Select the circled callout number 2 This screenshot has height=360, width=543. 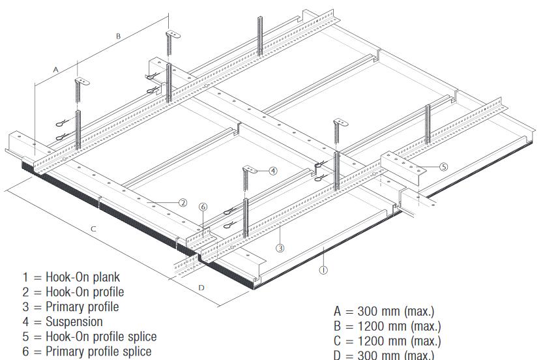point(183,203)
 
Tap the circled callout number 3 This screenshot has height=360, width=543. point(280,248)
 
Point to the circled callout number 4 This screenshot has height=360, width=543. point(273,171)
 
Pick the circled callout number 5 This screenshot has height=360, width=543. point(444,167)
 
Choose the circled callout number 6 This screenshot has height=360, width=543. point(203,207)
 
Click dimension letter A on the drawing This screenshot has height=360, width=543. point(56,68)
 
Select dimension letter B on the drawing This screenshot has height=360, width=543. point(118,37)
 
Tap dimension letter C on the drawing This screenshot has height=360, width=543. point(93,229)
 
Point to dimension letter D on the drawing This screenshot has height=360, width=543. point(201,287)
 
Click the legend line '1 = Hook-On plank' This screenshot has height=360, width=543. point(71,277)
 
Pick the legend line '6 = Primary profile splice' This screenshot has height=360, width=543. point(87,352)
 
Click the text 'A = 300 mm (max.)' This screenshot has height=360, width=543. point(383,311)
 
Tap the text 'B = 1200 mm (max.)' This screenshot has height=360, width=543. point(387,325)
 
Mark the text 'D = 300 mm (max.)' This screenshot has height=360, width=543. point(383,354)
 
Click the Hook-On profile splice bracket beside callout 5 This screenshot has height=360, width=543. point(405,163)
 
